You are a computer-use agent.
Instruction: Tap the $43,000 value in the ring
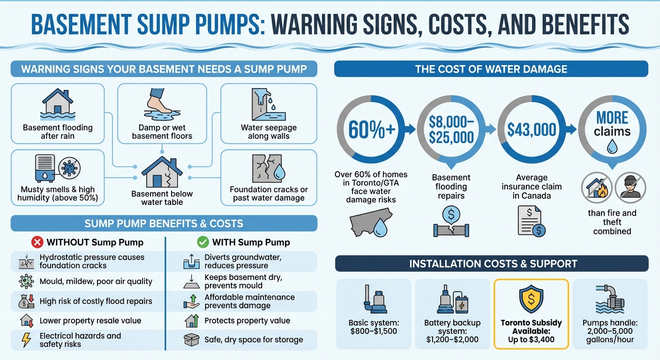(x=531, y=129)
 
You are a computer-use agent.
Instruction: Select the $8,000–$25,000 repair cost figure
(x=451, y=129)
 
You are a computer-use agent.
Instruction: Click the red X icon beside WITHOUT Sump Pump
(x=37, y=242)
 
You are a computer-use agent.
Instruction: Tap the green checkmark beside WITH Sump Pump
(x=202, y=242)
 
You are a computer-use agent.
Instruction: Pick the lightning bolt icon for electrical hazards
(x=26, y=340)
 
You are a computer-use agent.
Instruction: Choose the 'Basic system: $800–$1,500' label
(x=373, y=327)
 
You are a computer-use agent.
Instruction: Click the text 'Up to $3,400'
(x=531, y=339)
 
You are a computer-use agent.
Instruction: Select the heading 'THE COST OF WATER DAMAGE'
(x=491, y=69)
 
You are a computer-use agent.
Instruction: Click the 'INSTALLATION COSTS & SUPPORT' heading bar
(x=491, y=263)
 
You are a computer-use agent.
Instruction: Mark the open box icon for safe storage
(x=191, y=340)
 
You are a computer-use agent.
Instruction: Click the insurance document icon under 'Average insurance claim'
(x=531, y=222)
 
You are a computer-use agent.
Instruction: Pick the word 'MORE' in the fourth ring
(x=612, y=118)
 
